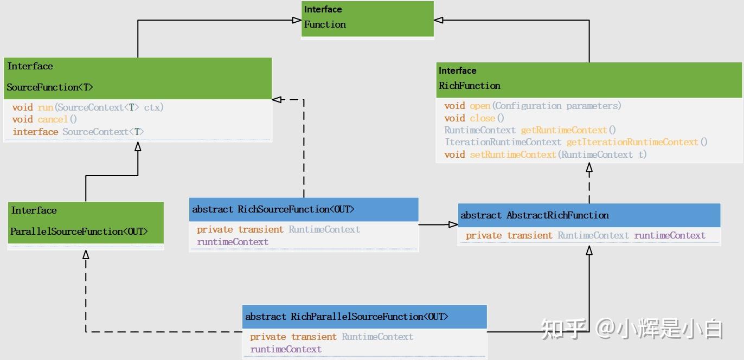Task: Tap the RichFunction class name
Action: pyautogui.click(x=470, y=86)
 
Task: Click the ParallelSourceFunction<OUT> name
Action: pyautogui.click(x=79, y=232)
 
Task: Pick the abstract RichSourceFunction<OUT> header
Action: pyautogui.click(x=273, y=209)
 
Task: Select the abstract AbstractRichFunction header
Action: pyautogui.click(x=534, y=215)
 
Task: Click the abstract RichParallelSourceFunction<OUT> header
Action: pyautogui.click(x=347, y=317)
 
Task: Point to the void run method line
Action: pyautogui.click(x=88, y=107)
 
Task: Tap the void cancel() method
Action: pyautogui.click(x=45, y=119)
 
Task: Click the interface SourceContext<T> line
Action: pyautogui.click(x=79, y=132)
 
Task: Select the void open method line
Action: pyautogui.click(x=533, y=106)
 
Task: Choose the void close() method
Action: pyautogui.click(x=474, y=118)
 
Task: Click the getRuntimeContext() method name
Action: pyautogui.click(x=568, y=130)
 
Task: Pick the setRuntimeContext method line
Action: pyautogui.click(x=545, y=155)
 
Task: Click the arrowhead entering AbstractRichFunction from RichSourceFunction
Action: pyautogui.click(x=453, y=224)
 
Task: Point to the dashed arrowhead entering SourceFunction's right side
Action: pyautogui.click(x=277, y=99)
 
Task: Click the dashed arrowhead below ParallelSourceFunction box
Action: pyautogui.click(x=86, y=254)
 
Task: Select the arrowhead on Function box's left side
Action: pyautogui.click(x=296, y=20)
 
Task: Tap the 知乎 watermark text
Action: pyautogui.click(x=563, y=329)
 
